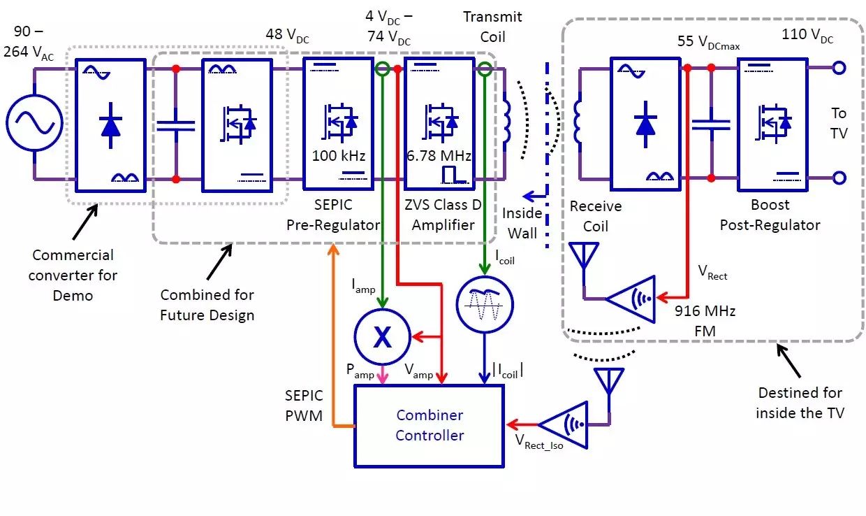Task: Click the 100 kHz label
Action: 338,156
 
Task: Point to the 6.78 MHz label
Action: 439,156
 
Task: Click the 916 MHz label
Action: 705,311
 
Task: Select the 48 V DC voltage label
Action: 287,35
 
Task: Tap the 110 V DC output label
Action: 807,35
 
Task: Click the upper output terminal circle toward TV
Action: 839,68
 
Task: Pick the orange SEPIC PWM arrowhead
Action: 333,249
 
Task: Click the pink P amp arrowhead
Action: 382,378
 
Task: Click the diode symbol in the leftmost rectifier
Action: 110,125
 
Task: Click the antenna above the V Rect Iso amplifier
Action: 609,381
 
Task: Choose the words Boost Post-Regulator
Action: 770,215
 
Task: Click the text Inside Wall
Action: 522,223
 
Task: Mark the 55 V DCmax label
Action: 708,42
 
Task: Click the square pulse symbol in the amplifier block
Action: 455,175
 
